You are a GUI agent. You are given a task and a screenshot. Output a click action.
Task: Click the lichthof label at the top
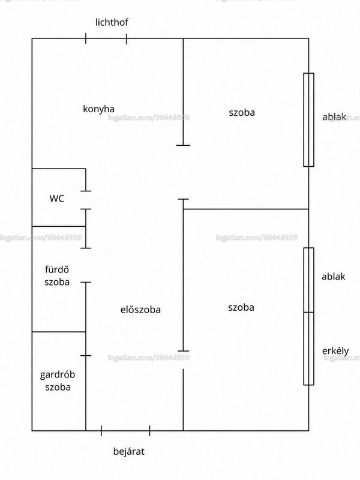[112, 22]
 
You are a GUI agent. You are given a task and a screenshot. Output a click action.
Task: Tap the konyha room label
[98, 109]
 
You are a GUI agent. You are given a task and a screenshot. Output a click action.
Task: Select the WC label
[57, 199]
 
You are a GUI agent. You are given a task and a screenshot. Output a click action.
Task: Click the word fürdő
[57, 269]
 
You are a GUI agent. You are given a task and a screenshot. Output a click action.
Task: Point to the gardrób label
[58, 374]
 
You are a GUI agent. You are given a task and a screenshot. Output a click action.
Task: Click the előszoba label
[140, 310]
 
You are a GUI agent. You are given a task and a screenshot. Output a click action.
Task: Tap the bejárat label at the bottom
[128, 452]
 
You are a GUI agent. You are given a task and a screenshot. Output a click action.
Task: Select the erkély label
[335, 351]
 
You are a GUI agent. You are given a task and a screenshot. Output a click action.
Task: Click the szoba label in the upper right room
[242, 113]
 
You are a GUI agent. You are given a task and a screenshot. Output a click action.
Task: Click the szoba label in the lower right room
[241, 307]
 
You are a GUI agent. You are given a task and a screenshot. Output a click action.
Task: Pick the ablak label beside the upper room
[334, 116]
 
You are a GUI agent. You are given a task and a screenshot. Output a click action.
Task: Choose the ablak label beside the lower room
[334, 277]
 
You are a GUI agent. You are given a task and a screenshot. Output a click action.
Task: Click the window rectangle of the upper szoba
[308, 119]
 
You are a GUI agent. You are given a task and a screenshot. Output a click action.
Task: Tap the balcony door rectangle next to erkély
[308, 349]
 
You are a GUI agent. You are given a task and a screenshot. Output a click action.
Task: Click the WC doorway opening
[86, 200]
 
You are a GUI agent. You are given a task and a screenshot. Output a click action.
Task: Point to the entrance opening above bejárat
[125, 431]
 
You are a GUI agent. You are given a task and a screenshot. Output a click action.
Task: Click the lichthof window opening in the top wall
[106, 38]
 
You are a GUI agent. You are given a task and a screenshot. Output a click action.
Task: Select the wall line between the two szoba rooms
[246, 209]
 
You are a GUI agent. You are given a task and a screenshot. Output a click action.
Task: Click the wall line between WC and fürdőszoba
[59, 226]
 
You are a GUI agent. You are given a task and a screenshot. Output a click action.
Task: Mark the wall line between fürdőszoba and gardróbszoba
[59, 332]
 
